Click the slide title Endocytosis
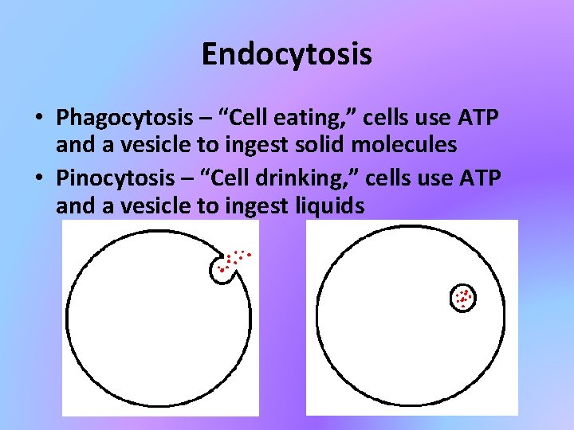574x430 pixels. tap(286, 54)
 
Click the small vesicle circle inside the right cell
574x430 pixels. tap(463, 298)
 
